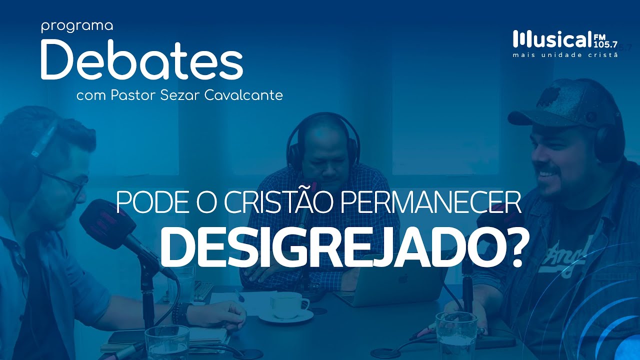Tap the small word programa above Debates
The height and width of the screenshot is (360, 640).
point(77,26)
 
